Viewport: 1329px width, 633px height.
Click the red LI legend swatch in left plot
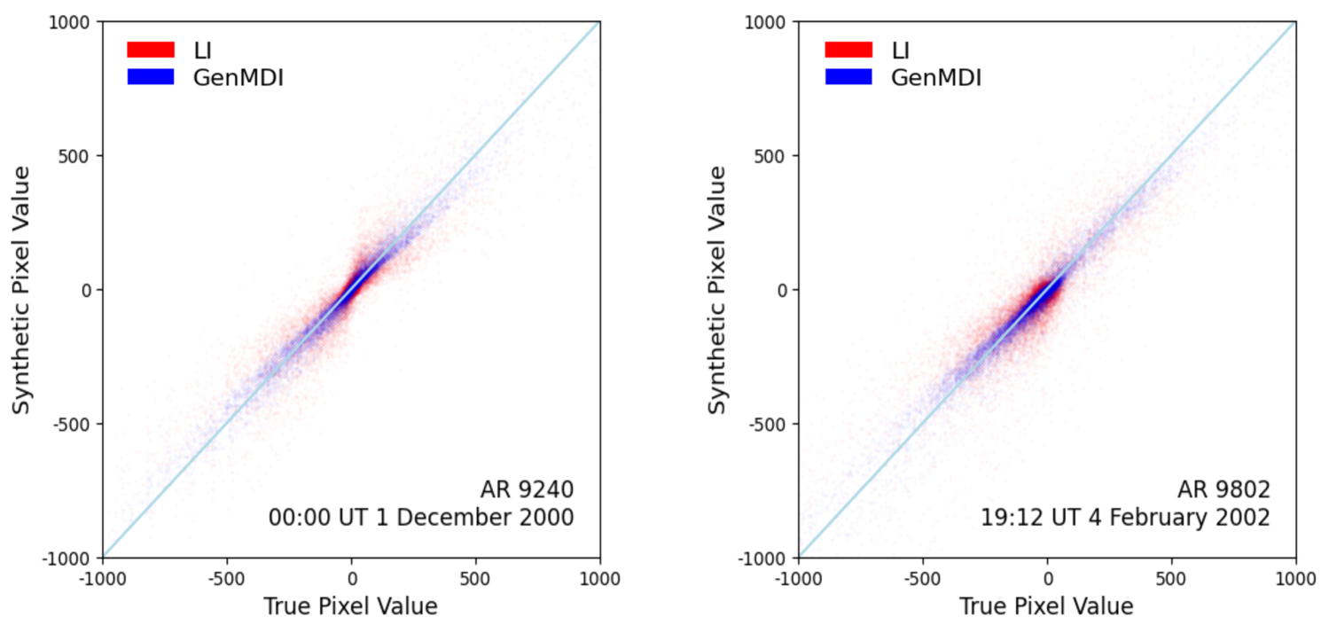coord(151,50)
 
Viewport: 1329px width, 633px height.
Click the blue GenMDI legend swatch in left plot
coord(151,77)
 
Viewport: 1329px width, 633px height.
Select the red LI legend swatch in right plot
coord(848,50)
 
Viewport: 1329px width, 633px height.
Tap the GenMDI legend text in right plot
coord(935,77)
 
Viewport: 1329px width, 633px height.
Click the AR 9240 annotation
coord(527,489)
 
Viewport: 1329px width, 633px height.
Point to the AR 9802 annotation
coord(1223,489)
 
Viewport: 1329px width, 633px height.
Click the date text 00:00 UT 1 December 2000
coord(421,517)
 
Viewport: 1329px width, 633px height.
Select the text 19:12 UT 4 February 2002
coord(1125,517)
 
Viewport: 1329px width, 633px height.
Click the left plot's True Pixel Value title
coord(350,606)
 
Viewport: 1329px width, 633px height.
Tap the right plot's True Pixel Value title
coord(1046,606)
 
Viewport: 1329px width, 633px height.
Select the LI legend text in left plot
coord(202,50)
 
